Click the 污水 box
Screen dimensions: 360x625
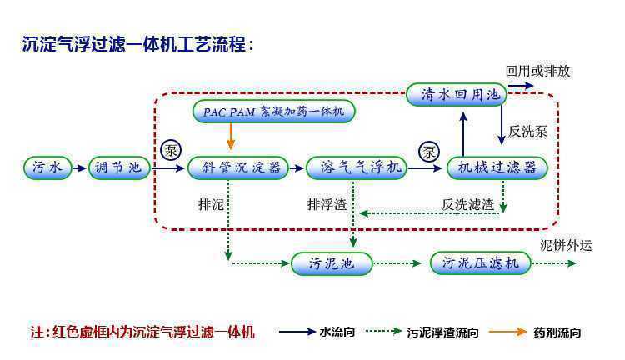(x=47, y=167)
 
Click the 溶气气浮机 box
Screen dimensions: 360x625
(x=356, y=167)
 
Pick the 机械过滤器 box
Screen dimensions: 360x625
(x=497, y=167)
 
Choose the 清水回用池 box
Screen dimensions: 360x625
(x=457, y=94)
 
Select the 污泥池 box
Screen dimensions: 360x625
(x=331, y=264)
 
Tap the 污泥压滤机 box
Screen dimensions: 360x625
(x=481, y=264)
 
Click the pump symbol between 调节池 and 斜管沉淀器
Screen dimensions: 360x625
(x=170, y=151)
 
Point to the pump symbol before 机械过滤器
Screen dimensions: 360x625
(x=429, y=151)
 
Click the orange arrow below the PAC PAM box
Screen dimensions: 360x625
(x=230, y=138)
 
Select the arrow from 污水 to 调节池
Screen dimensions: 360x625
(x=78, y=168)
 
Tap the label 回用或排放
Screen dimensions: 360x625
(x=538, y=71)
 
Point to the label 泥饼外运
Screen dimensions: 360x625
(x=566, y=245)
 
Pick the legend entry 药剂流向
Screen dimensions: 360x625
(x=557, y=332)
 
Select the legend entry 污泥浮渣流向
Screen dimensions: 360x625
(x=442, y=332)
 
